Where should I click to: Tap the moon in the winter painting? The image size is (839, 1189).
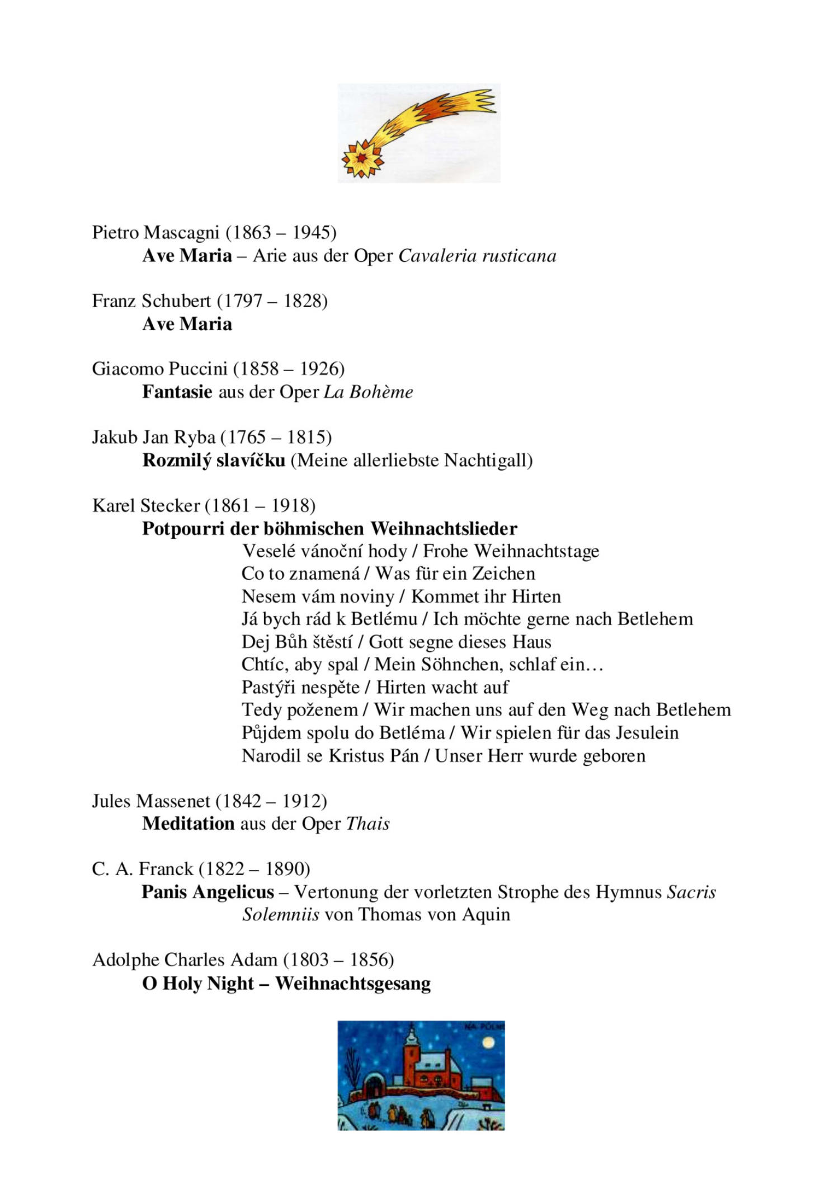[488, 1042]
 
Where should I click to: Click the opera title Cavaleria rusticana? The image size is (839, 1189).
[477, 256]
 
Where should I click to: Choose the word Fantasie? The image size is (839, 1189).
[177, 392]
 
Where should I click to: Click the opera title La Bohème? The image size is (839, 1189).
[368, 392]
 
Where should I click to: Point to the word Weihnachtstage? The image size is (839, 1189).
[536, 551]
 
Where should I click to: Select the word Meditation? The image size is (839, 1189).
[188, 824]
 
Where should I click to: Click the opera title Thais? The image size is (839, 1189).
[367, 824]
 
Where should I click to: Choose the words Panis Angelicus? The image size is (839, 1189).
[208, 892]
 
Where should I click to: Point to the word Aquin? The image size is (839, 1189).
[486, 915]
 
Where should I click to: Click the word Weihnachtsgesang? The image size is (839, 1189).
[353, 983]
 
